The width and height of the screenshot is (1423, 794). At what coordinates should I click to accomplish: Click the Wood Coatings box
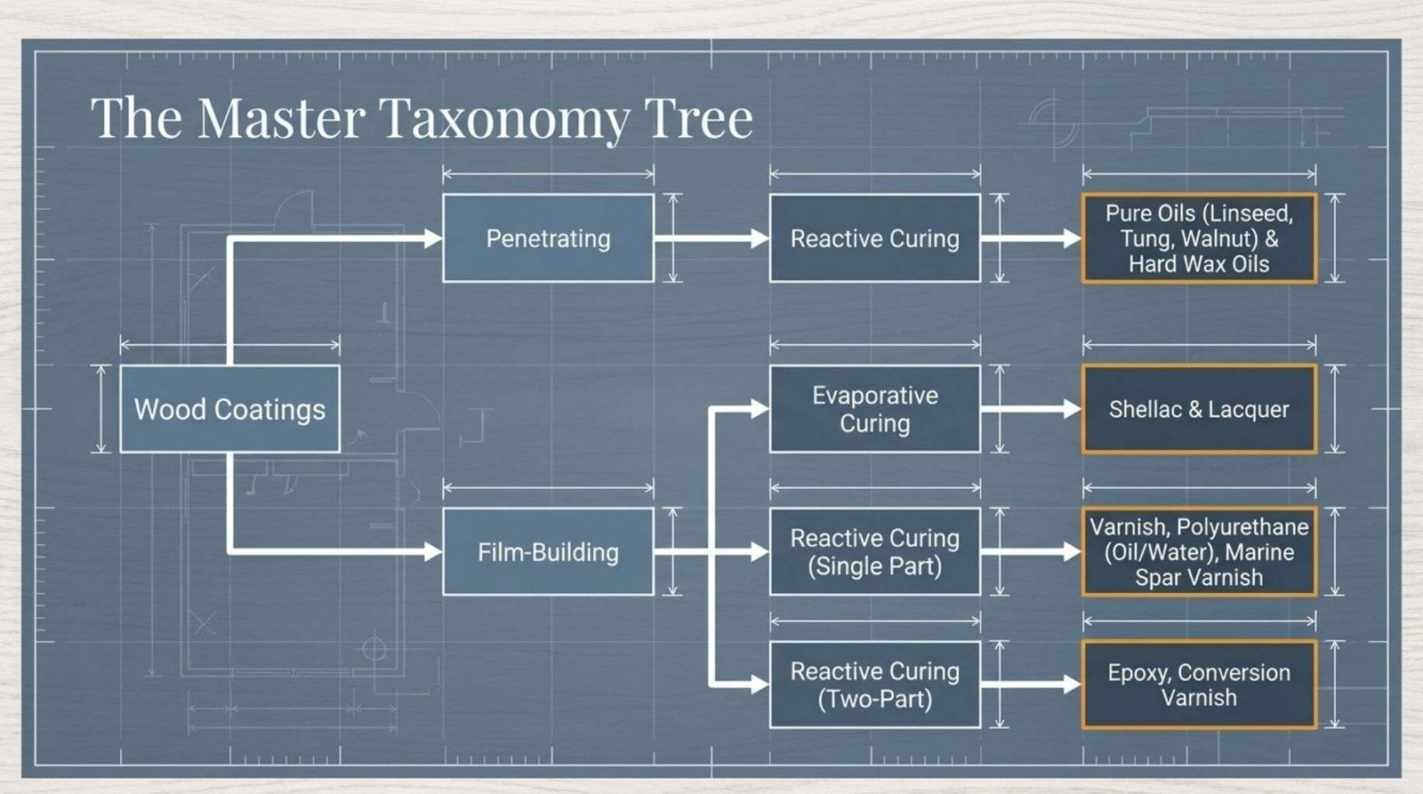230,409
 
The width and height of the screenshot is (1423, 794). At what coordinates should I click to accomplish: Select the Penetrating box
548,238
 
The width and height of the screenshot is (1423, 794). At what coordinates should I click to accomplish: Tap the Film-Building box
548,551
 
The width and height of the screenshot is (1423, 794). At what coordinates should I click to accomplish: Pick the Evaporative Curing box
875,409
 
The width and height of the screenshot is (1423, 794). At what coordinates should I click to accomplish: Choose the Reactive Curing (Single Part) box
875,551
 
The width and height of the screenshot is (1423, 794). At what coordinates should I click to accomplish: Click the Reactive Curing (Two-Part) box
875,685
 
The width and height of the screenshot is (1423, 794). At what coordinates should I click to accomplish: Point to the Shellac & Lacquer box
1200,409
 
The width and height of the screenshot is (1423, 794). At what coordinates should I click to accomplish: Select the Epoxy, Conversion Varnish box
1200,685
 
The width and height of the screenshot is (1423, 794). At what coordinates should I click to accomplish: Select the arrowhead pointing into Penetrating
433,238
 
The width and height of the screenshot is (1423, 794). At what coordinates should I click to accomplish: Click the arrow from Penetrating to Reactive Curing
711,238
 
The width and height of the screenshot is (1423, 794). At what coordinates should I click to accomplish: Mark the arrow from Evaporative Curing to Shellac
1031,409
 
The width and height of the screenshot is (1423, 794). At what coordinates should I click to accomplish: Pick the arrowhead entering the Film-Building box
433,551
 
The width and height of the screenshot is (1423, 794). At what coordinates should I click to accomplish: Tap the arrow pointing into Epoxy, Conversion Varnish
1031,685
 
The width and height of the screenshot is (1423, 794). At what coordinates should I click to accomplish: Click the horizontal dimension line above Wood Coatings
230,346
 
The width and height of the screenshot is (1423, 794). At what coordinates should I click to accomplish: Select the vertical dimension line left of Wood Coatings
100,409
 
